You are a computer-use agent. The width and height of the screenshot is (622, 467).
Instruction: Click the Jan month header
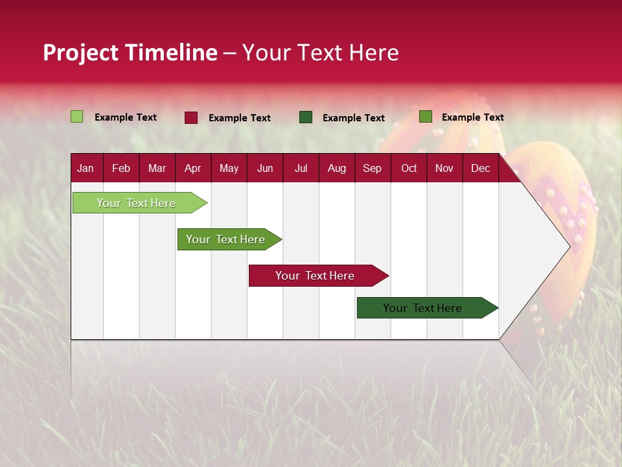click(x=86, y=168)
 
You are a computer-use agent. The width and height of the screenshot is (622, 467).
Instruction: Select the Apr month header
click(x=192, y=168)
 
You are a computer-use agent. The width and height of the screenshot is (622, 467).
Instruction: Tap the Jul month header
click(x=301, y=168)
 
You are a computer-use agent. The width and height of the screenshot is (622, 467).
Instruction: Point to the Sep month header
click(x=372, y=168)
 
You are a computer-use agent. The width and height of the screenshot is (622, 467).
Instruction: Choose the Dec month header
click(x=480, y=168)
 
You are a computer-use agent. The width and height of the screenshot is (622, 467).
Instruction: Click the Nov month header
click(x=444, y=168)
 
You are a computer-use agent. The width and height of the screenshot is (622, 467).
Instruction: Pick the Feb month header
click(x=121, y=168)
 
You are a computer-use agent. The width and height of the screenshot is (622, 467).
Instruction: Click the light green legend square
click(x=76, y=117)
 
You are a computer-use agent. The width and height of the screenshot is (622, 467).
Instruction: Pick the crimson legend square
click(x=190, y=117)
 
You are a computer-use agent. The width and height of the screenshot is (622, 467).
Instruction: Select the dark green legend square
click(x=306, y=117)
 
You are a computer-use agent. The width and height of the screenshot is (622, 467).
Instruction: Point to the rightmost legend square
click(x=425, y=117)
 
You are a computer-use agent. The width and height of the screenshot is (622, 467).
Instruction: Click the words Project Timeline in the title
click(x=130, y=53)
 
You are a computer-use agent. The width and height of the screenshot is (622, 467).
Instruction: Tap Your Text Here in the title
click(x=320, y=53)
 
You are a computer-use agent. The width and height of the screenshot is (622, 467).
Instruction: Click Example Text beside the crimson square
click(x=239, y=118)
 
